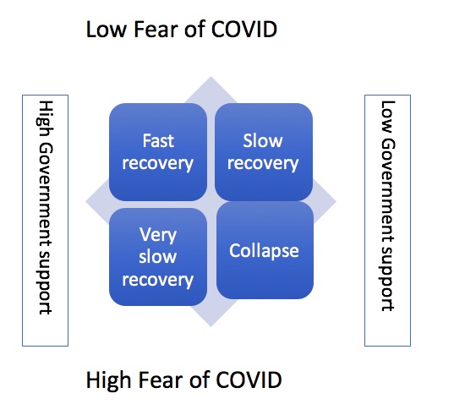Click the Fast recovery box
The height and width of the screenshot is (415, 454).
pos(158,152)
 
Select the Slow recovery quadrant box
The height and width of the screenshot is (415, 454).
pos(264,152)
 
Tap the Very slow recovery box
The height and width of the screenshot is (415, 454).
pos(158,257)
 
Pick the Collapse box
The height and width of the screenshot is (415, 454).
pos(265,250)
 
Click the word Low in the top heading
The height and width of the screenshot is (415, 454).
pos(107,30)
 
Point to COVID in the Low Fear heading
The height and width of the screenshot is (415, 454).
pos(244,30)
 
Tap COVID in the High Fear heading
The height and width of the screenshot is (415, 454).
pos(249,380)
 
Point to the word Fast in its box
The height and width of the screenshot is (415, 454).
pos(158,141)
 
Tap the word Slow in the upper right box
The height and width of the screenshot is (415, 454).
pos(263,141)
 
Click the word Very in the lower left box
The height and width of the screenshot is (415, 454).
pos(158,235)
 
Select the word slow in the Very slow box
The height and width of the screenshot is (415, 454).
pos(158,257)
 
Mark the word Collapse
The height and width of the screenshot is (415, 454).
pos(264,251)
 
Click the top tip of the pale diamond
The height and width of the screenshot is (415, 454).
pos(211,76)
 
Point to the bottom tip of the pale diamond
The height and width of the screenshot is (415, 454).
pos(211,327)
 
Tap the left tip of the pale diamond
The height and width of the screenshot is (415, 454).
pos(85,202)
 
